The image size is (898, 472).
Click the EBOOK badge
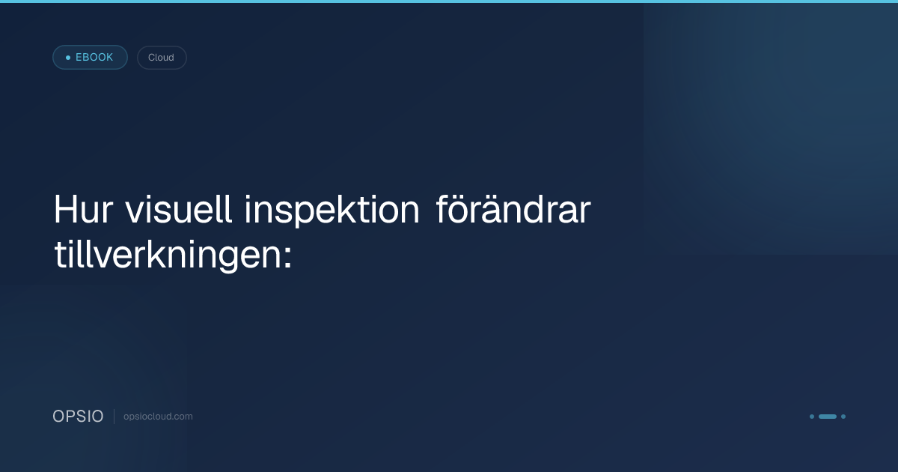[90, 58]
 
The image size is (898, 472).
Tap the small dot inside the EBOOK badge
[68, 58]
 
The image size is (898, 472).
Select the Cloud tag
[161, 58]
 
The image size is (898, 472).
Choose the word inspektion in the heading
[332, 212]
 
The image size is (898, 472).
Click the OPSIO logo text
[78, 417]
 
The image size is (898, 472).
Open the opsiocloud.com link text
[158, 417]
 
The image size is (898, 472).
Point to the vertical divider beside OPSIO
[114, 417]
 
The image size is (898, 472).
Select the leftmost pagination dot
[812, 417]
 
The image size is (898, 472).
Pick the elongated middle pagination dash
[828, 417]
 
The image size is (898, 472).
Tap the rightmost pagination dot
[843, 417]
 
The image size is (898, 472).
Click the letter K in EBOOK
[109, 58]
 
